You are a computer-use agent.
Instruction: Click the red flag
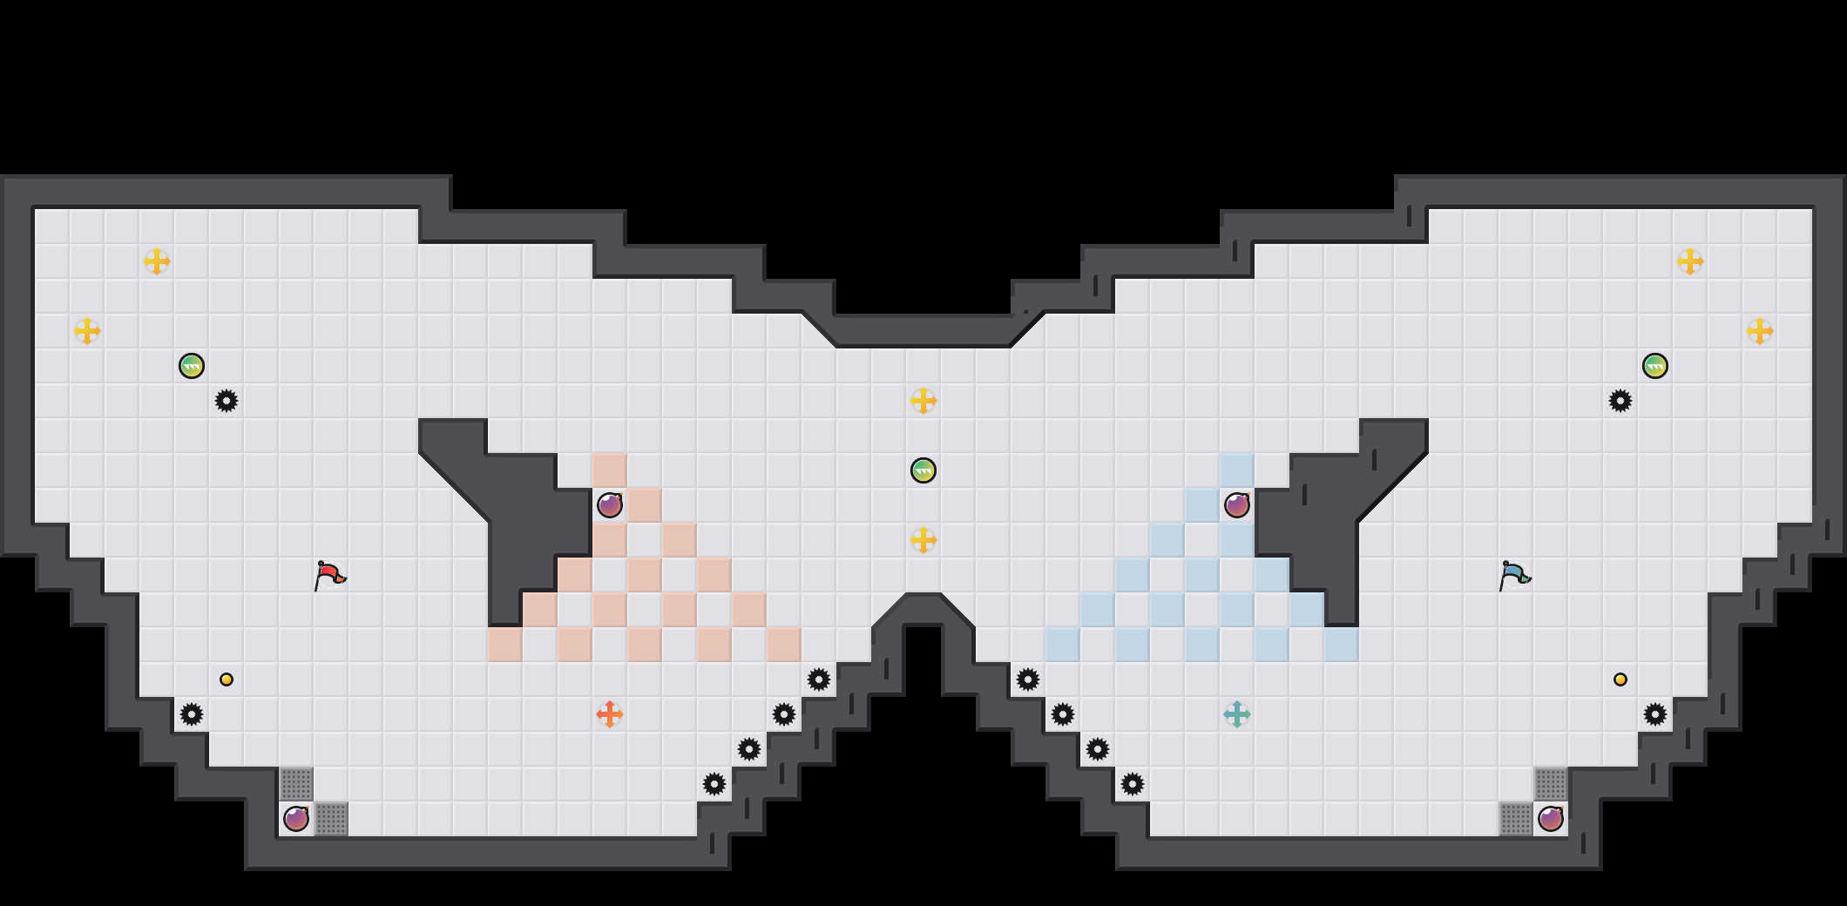click(329, 575)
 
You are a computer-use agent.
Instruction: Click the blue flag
click(1514, 575)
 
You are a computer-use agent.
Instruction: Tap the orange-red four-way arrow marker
click(610, 714)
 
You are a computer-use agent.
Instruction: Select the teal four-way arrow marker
click(1237, 714)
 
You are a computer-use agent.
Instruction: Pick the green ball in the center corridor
click(923, 470)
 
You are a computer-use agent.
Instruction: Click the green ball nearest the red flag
click(192, 366)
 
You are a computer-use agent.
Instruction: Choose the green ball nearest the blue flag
click(1655, 366)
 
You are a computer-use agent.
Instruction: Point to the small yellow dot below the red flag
click(227, 679)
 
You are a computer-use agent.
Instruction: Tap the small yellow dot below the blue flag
click(1620, 679)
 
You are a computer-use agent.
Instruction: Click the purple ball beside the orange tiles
click(610, 505)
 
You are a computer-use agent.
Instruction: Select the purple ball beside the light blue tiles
click(1237, 505)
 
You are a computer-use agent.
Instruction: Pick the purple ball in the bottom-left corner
click(296, 819)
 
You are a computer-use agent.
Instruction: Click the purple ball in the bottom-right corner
click(1551, 819)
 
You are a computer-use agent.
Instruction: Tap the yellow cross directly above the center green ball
click(923, 401)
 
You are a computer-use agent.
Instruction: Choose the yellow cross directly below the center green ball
click(923, 540)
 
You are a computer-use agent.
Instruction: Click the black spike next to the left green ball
click(227, 401)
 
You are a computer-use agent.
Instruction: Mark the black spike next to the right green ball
click(1620, 401)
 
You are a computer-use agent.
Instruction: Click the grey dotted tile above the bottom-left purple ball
click(296, 784)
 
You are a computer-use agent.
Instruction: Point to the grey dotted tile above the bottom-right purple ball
click(1551, 784)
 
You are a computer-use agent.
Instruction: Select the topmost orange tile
click(610, 470)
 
